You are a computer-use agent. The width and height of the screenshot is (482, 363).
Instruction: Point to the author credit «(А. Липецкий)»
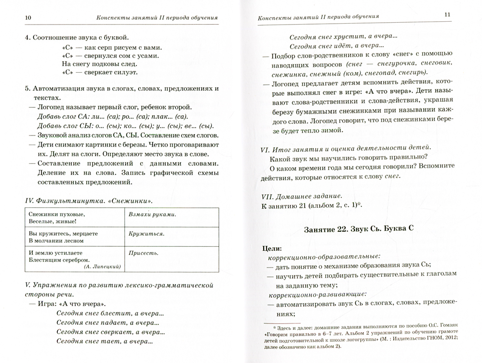[x=102, y=266]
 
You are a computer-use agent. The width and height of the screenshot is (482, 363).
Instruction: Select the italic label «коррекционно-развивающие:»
[x=314, y=294]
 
